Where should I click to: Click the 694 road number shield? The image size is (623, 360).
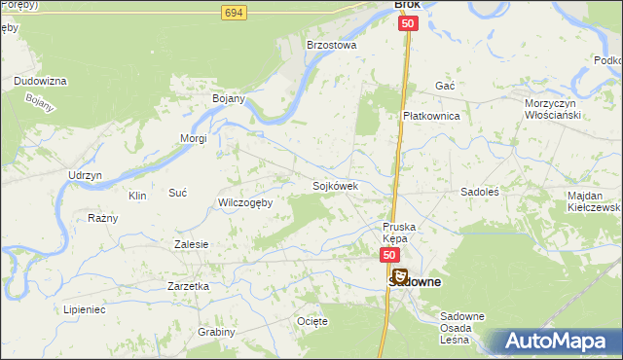click(x=232, y=13)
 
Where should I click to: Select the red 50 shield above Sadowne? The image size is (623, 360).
click(x=388, y=255)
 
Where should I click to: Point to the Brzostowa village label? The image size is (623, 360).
click(x=332, y=45)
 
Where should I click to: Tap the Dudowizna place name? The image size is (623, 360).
click(x=40, y=81)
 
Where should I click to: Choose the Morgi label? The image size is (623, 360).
click(x=193, y=138)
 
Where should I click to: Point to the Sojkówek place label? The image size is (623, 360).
click(x=336, y=185)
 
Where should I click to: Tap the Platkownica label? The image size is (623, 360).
click(x=431, y=115)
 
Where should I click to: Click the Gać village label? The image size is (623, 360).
click(x=446, y=86)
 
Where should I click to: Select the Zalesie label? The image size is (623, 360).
click(x=191, y=244)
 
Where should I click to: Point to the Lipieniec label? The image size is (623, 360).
click(x=85, y=307)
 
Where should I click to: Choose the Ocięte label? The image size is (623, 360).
click(x=312, y=320)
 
